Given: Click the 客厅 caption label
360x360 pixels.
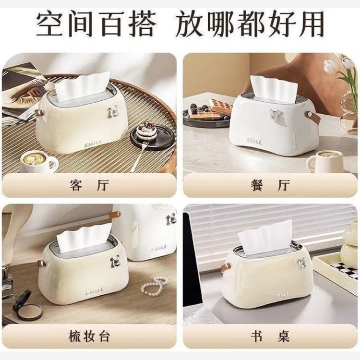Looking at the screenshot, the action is (x=89, y=185).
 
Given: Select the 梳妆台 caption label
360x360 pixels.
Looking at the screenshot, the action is (x=89, y=336).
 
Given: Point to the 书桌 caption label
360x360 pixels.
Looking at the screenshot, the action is (x=270, y=336).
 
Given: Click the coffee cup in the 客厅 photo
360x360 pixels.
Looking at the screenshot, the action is (x=38, y=162).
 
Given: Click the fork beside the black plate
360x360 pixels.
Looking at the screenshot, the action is (x=138, y=156).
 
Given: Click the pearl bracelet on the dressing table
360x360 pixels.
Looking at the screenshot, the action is (x=154, y=286).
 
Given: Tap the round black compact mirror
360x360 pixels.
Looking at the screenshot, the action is (x=27, y=304).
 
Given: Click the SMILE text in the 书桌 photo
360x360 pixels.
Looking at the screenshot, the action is (x=281, y=295).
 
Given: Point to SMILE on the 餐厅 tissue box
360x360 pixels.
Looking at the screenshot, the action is (x=254, y=142).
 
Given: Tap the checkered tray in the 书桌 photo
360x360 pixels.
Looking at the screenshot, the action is (x=336, y=269).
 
